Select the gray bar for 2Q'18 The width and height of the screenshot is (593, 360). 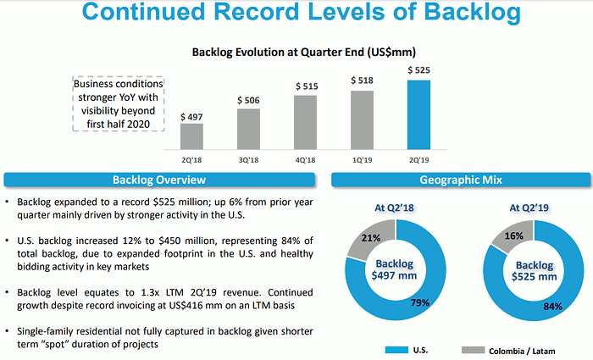pos(192,136)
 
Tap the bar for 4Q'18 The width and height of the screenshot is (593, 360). pos(305,121)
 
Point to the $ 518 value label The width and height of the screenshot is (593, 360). pos(362,80)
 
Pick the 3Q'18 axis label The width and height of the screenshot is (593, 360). pos(248,158)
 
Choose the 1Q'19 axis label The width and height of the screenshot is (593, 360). pos(362,158)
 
